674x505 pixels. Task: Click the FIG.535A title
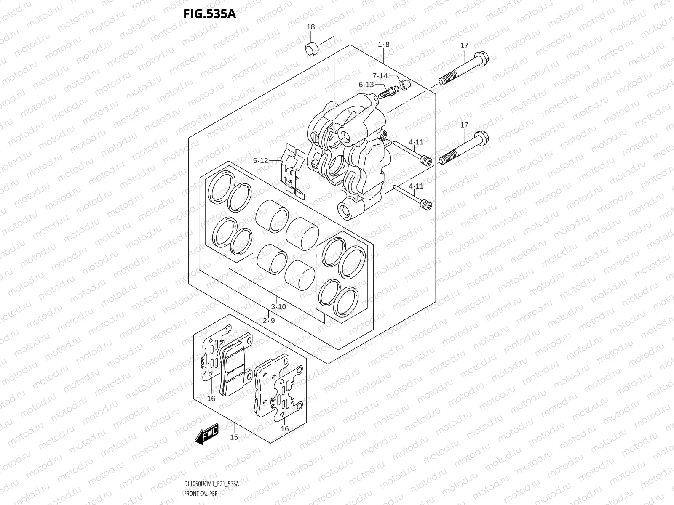(209, 14)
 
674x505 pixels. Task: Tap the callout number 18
(310, 27)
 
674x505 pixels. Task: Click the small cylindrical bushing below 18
(312, 49)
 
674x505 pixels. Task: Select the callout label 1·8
(383, 45)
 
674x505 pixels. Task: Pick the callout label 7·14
(380, 76)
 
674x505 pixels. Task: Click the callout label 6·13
(366, 85)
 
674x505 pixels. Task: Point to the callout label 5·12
(260, 160)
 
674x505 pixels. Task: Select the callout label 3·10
(278, 307)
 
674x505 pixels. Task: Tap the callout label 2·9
(269, 320)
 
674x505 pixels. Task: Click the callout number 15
(234, 437)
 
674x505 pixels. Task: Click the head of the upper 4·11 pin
(427, 160)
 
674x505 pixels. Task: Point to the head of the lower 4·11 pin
(427, 206)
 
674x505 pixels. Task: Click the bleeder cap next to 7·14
(406, 85)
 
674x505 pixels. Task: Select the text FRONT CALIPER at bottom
(201, 493)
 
